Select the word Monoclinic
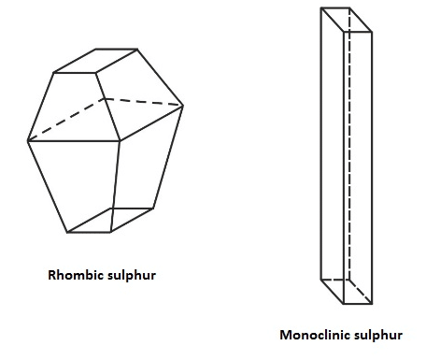[316, 335]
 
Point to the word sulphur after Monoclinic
[378, 336]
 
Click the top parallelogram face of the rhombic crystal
[95, 61]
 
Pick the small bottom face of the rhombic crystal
[110, 220]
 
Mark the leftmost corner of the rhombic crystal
[28, 141]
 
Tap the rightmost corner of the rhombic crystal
[183, 106]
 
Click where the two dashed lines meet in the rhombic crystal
[106, 98]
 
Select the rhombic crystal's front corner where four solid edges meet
[120, 141]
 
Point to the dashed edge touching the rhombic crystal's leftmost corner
[66, 120]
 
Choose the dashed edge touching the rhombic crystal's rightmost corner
[144, 102]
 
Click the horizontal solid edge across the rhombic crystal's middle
[74, 141]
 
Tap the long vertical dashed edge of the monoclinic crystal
[349, 143]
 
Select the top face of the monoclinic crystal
[347, 20]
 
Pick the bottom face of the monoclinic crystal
[347, 292]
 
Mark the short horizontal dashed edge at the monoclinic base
[335, 280]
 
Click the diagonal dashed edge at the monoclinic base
[361, 292]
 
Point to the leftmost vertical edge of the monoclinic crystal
[321, 143]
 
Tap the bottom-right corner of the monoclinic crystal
[372, 304]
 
